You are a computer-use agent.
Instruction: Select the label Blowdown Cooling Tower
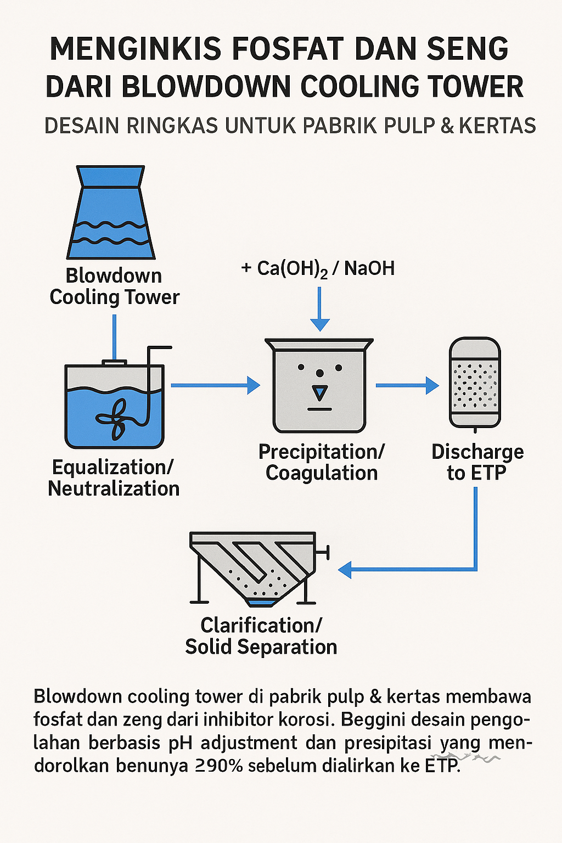click(114, 286)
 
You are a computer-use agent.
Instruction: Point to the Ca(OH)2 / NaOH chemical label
click(318, 268)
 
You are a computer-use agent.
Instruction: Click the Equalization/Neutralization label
click(114, 477)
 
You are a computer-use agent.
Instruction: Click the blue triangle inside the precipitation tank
click(319, 392)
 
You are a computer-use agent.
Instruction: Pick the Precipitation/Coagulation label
click(322, 462)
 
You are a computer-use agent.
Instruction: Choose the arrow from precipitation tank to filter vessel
click(407, 385)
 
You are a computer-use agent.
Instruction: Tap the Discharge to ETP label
click(477, 462)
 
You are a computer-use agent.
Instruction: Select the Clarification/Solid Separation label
click(261, 636)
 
